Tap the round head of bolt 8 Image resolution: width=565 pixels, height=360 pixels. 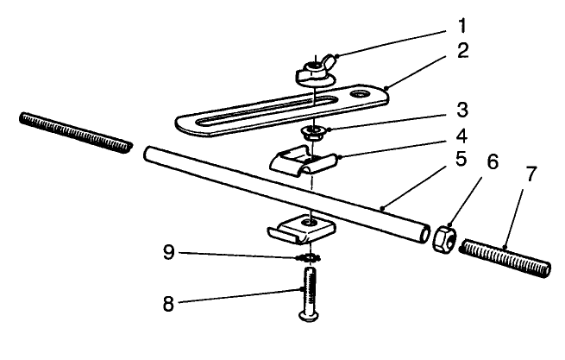[308, 319]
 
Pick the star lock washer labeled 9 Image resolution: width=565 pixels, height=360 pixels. [307, 257]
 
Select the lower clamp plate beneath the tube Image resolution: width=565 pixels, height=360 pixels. [298, 228]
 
